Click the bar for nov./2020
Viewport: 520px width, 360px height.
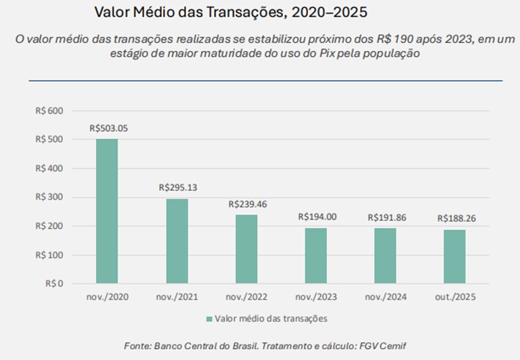[107, 211]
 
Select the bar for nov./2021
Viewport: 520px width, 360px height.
[177, 241]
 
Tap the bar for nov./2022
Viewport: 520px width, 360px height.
[247, 249]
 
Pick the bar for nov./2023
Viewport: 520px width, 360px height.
[316, 256]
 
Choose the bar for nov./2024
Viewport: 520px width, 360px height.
[386, 256]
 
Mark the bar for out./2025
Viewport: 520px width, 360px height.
[455, 256]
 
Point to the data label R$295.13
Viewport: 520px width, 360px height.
[178, 187]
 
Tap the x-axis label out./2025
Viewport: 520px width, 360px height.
[456, 297]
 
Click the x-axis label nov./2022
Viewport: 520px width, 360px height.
[247, 297]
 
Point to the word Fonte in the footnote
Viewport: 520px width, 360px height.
[138, 346]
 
